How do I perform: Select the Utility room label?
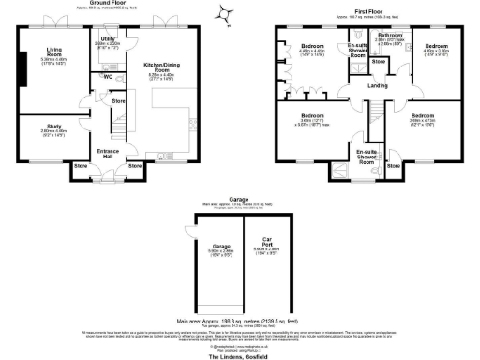pos(106,39)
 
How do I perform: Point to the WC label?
pos(109,76)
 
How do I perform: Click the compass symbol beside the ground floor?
pos(224,13)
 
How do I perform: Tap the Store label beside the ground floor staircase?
pos(119,100)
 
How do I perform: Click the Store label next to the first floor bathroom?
pos(379,61)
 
